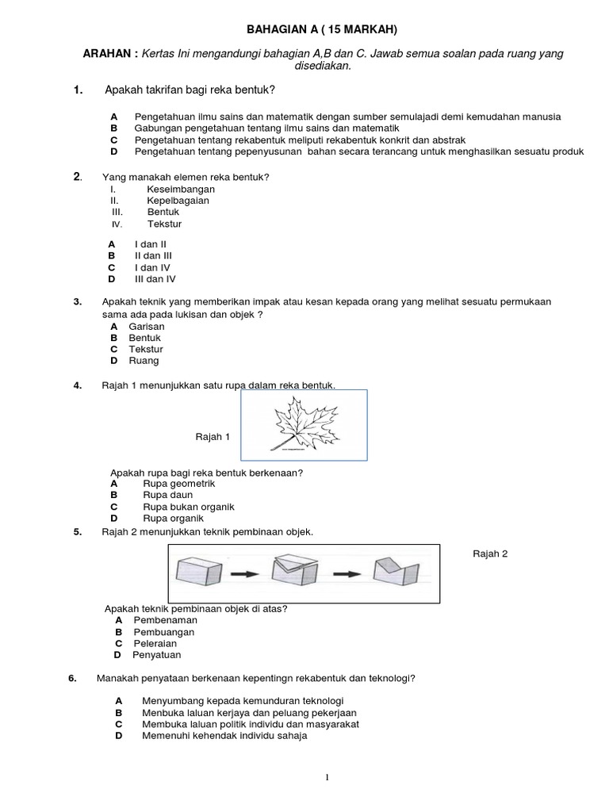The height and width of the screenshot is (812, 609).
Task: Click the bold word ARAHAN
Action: tap(111, 53)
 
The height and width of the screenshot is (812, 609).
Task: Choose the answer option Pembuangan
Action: tap(163, 632)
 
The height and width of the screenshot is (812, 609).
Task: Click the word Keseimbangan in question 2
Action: tap(181, 190)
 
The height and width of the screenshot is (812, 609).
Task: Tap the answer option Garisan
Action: tap(147, 326)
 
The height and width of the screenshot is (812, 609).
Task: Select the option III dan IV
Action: tap(155, 279)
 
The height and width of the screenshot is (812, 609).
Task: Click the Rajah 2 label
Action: tap(490, 553)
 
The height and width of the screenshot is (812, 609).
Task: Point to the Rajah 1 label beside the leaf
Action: tap(213, 436)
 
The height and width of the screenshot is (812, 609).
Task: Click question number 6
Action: tap(71, 678)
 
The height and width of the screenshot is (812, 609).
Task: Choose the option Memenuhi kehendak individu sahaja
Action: tap(224, 735)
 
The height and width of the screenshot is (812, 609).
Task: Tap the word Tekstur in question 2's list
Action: tap(164, 224)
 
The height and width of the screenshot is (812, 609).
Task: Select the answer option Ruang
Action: tap(144, 360)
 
